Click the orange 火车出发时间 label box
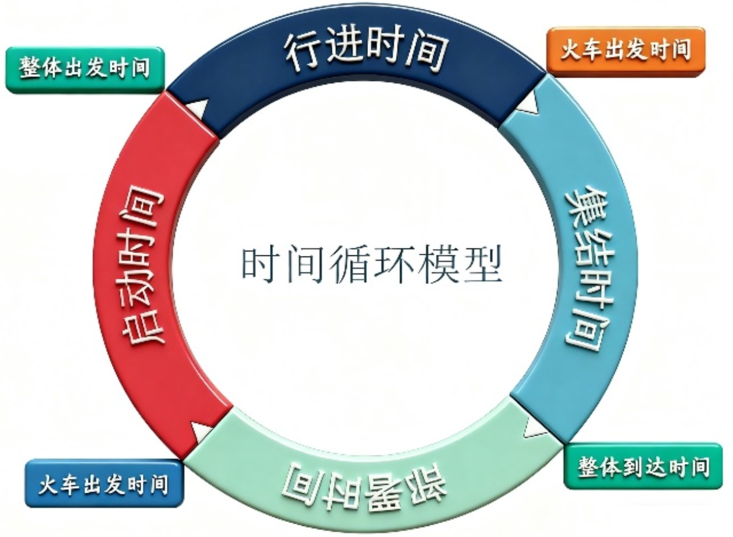click(625, 51)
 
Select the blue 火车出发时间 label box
click(104, 483)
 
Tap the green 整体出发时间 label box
click(85, 69)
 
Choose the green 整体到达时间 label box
click(643, 466)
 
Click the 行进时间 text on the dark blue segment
click(366, 51)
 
